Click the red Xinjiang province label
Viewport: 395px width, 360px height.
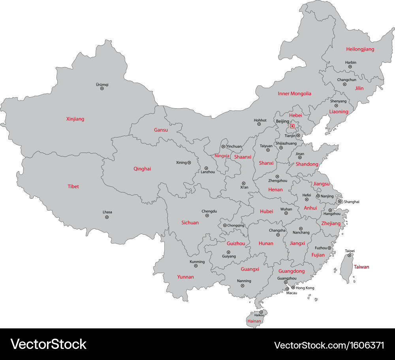tap(75, 119)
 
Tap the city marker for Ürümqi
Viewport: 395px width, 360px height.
tap(102, 89)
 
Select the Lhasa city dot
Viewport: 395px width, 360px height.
tap(107, 217)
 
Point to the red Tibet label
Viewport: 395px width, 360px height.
tap(73, 186)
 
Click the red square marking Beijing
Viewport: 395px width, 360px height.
tap(292, 126)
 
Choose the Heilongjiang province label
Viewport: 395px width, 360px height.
tap(360, 49)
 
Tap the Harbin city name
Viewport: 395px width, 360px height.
tap(351, 62)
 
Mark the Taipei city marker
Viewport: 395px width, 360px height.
tap(349, 255)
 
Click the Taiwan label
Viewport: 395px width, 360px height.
tap(361, 267)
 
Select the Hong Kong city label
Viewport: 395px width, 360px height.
tap(305, 288)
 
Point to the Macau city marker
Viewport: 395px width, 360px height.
tap(287, 289)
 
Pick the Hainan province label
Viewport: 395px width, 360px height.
tap(254, 321)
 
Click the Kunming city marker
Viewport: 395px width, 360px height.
tap(196, 266)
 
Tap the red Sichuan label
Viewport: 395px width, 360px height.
tap(190, 222)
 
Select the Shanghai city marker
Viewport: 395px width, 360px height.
tap(340, 202)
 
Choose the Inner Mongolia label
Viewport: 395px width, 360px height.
tap(294, 94)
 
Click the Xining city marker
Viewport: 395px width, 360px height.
tap(189, 162)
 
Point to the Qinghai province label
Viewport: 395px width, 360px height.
tap(142, 169)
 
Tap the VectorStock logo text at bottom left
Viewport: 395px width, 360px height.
tap(48, 344)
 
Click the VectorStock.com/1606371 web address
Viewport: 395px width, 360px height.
tap(329, 345)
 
